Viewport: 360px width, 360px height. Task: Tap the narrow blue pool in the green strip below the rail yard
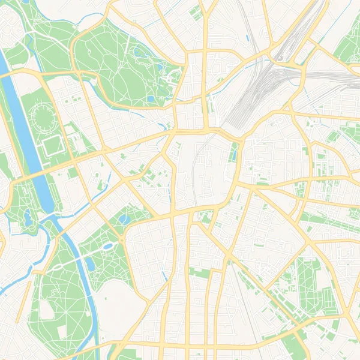233,152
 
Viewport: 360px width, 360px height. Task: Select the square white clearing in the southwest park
62,332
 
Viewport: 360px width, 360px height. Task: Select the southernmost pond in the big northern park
150,99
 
